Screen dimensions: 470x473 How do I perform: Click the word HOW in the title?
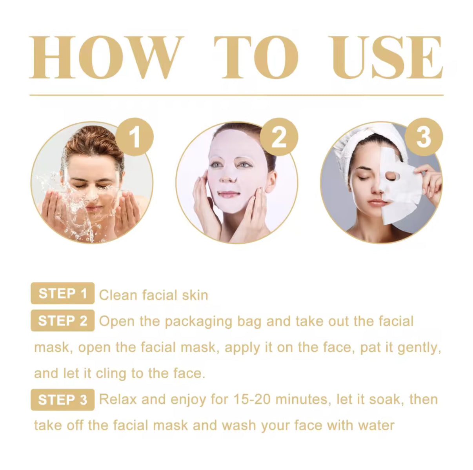(x=107, y=58)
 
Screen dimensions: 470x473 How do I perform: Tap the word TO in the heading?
(x=256, y=58)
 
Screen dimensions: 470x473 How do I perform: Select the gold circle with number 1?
(x=135, y=137)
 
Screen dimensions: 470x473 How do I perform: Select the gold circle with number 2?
(x=279, y=137)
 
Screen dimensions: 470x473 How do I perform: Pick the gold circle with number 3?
(x=424, y=137)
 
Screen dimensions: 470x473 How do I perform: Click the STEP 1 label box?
(x=62, y=293)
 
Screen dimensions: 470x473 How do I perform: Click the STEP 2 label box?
(x=62, y=321)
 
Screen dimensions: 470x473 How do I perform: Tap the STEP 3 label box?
(x=62, y=399)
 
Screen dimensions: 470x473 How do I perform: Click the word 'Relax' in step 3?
(x=118, y=399)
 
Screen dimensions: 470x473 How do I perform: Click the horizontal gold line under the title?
(x=236, y=95)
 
